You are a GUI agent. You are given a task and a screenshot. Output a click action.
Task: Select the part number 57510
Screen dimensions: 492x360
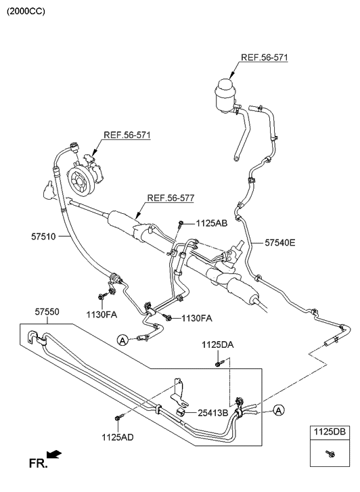pos(45,236)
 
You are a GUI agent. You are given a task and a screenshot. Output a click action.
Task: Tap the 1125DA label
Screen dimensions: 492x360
pos(217,345)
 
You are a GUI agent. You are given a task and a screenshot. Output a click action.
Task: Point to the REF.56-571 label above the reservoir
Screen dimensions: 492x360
pos(264,58)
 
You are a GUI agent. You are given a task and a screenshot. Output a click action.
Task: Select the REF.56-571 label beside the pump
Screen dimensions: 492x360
pos(127,135)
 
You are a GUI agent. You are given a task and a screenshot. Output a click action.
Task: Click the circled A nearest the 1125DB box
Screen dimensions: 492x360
pos(279,409)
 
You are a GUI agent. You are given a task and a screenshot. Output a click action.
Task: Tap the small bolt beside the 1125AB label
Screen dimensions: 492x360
pos(181,223)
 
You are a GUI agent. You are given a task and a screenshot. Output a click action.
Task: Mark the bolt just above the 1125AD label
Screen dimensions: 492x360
pos(117,419)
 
